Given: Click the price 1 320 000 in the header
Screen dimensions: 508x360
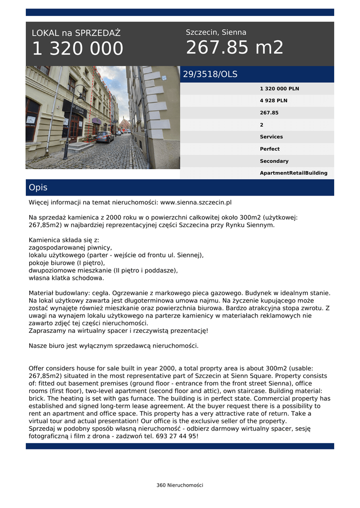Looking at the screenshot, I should point(77,49).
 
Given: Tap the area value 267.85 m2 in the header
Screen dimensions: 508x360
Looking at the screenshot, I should point(234,48).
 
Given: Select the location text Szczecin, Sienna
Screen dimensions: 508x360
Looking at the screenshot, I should point(216,32).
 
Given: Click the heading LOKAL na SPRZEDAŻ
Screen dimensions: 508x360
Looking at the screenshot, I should point(76,33).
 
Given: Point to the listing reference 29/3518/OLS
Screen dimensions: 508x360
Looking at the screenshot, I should point(210,74).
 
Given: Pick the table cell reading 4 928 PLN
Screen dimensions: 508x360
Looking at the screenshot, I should point(274,101).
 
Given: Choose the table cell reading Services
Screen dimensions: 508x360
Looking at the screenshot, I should point(271,137).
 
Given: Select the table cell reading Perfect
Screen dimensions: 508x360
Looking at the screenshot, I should point(270,149).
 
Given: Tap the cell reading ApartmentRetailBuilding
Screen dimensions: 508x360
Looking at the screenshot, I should point(293,173).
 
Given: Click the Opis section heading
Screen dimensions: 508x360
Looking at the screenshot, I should point(38,188).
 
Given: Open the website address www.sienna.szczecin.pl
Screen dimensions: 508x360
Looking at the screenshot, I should point(196,202).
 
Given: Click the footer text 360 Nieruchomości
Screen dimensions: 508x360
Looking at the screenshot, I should point(180,485).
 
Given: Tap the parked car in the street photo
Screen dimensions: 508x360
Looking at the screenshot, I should point(105,137).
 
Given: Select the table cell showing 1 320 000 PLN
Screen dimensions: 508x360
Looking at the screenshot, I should point(280,89).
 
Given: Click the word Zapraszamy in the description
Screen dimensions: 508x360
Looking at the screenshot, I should point(46,330).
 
